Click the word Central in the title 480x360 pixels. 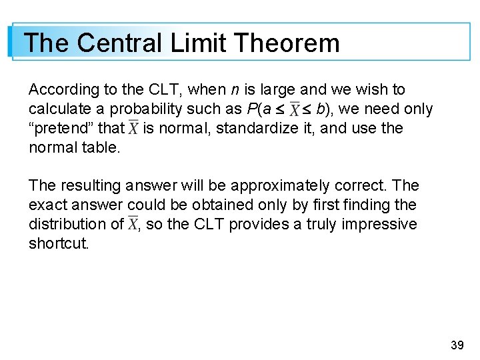tap(119, 43)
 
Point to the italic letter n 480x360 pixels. tap(235, 89)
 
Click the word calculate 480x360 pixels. tap(55, 109)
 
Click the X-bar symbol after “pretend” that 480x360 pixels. tap(133, 127)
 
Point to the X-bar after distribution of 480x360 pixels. tap(133, 224)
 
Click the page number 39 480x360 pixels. tap(457, 345)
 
